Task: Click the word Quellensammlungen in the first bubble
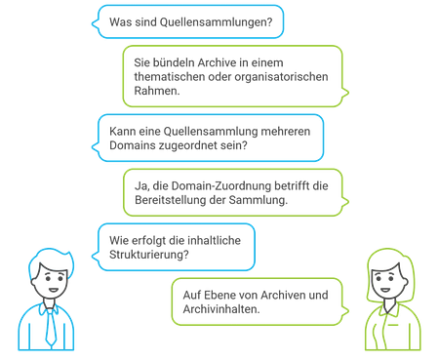point(216,22)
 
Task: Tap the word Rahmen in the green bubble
point(157,91)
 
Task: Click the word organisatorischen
point(281,77)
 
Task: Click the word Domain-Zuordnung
point(221,186)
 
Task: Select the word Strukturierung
point(149,255)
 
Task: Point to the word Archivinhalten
point(221,309)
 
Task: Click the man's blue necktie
point(51,328)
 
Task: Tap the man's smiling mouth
point(54,290)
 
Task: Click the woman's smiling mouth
point(385,290)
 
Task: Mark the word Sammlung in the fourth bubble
point(259,200)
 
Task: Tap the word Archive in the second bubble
point(217,62)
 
